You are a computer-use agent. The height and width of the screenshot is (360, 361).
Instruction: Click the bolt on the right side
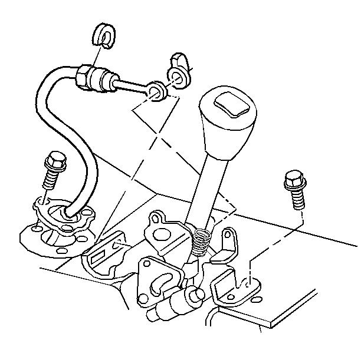click(294, 189)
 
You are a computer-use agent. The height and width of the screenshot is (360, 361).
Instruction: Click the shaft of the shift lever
click(209, 189)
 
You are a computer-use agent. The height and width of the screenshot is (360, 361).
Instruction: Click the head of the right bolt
click(293, 178)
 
